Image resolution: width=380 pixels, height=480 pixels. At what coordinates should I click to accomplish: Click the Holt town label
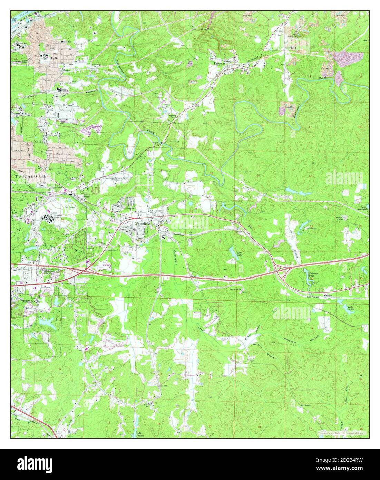point(53,58)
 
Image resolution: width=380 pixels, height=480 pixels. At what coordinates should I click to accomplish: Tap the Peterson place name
point(219,64)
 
